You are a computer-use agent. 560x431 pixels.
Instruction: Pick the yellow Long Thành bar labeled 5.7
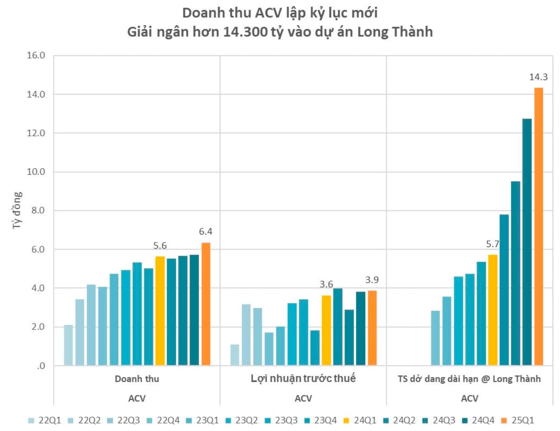point(492,310)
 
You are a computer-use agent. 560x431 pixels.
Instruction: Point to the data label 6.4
point(205,231)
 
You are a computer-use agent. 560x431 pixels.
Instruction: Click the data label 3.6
point(326,284)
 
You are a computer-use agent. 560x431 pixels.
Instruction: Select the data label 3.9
point(372,280)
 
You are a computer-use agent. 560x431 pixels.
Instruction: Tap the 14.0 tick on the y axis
point(36,94)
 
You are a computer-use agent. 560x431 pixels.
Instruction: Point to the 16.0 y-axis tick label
point(36,55)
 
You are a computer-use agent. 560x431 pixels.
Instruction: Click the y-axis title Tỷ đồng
point(17,210)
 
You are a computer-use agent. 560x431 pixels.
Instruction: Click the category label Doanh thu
point(137,379)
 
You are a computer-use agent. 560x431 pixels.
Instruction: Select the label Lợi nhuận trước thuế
point(303,378)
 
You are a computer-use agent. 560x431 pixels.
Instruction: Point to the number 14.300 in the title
point(245,32)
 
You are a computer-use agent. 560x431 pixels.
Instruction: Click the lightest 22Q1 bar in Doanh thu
point(68,345)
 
